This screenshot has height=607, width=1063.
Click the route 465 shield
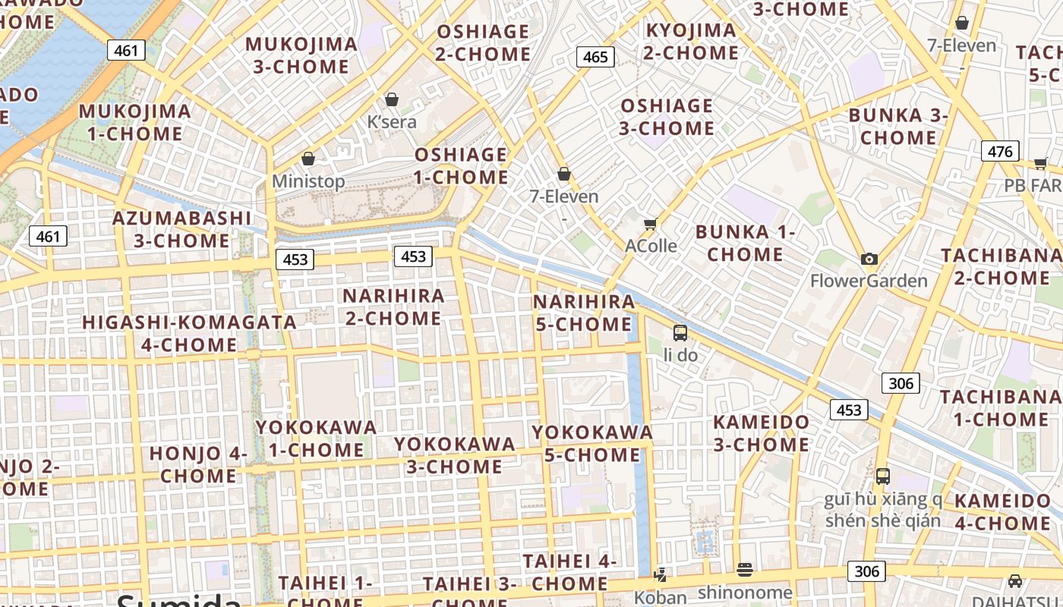595,57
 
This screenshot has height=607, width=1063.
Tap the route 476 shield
999,151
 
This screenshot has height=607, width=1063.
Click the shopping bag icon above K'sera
392,99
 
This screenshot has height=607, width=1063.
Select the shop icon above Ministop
308,159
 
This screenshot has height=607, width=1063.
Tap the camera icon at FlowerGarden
869,259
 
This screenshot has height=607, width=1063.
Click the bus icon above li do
680,332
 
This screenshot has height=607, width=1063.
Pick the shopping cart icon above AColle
650,224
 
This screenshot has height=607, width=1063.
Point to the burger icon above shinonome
745,569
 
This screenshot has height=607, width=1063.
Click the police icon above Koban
661,574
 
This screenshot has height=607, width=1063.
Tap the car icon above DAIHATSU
1015,581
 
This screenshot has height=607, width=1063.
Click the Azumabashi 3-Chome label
181,229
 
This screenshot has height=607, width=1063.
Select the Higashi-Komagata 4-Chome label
189,333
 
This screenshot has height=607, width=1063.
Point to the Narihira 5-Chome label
584,313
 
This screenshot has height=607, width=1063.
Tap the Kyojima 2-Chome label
691,42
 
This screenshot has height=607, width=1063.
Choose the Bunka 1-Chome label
745,243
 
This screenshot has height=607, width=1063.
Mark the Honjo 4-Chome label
199,464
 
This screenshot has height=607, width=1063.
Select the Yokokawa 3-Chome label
454,454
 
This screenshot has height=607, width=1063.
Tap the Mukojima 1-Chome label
135,122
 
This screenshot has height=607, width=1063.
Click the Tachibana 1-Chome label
1000,407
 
